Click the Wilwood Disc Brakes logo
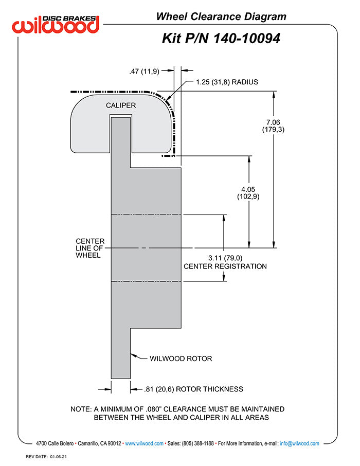pyautogui.click(x=56, y=23)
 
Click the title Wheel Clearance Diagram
pyautogui.click(x=221, y=16)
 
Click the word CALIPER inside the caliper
pyautogui.click(x=121, y=105)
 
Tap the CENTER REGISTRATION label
pyautogui.click(x=225, y=266)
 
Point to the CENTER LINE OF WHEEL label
pyautogui.click(x=90, y=248)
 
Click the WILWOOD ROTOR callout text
pyautogui.click(x=181, y=359)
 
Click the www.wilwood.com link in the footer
pyautogui.click(x=145, y=443)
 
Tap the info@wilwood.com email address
pyautogui.click(x=299, y=443)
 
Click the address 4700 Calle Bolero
pyautogui.click(x=55, y=443)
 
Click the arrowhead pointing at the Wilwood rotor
pyautogui.click(x=133, y=354)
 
